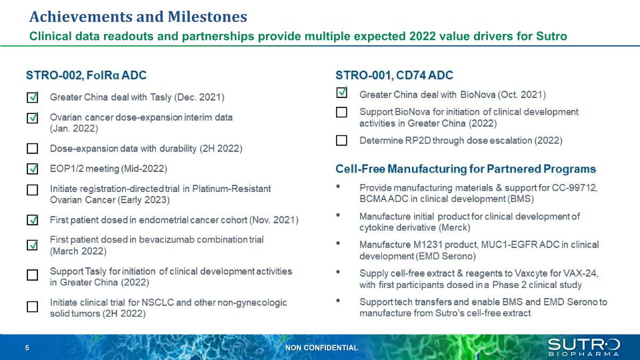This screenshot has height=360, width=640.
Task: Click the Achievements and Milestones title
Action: [138, 17]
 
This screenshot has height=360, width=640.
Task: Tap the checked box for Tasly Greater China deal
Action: [32, 97]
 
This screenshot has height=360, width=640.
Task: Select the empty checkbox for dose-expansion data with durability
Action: [32, 148]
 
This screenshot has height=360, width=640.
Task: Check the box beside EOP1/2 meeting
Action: [32, 168]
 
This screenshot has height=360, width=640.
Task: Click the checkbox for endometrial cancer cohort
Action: [32, 219]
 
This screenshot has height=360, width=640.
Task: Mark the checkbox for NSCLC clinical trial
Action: [32, 307]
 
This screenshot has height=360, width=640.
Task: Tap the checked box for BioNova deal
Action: [341, 93]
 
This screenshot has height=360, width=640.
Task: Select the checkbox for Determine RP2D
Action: [341, 141]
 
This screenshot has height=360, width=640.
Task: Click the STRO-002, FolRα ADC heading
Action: [86, 75]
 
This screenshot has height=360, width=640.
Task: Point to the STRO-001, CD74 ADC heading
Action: [394, 75]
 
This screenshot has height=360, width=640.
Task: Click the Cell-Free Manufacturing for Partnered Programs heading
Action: [466, 169]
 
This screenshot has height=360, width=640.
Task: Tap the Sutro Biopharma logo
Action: [584, 347]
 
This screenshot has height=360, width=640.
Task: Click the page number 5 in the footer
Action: [27, 348]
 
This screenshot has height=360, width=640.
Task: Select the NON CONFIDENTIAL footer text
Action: [321, 348]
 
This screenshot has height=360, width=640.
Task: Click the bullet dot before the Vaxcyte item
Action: [338, 272]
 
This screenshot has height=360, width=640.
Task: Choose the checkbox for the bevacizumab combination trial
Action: [32, 245]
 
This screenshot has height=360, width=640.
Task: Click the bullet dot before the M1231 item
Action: [338, 243]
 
